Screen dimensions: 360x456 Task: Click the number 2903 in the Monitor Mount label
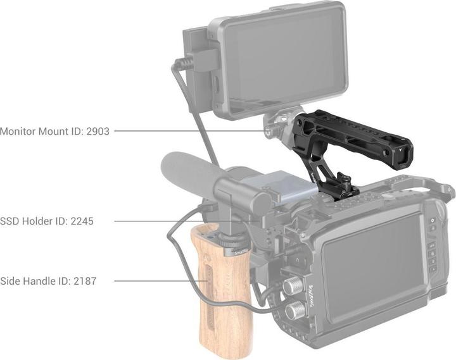pos(96,132)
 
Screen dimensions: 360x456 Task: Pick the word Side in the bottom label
pos(11,280)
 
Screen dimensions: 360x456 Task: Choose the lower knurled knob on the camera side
pos(294,311)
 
